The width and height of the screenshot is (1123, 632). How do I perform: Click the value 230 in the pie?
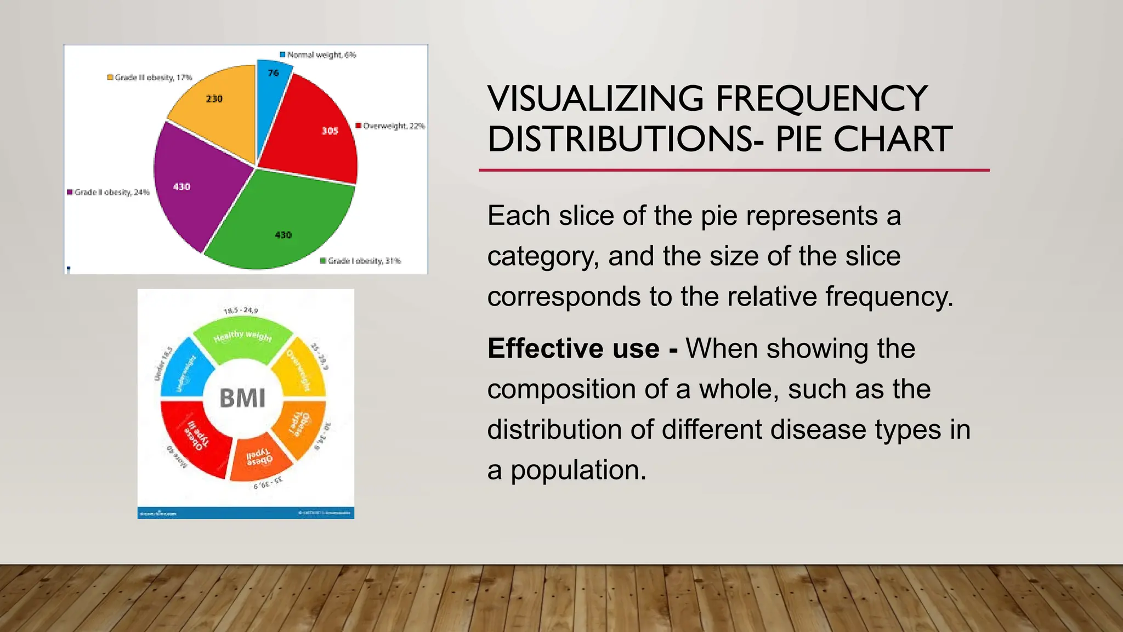(x=214, y=99)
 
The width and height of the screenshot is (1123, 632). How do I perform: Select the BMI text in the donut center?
(x=242, y=398)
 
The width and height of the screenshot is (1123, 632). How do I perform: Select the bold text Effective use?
(x=573, y=348)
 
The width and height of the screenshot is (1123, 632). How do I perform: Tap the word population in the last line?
(x=578, y=470)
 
